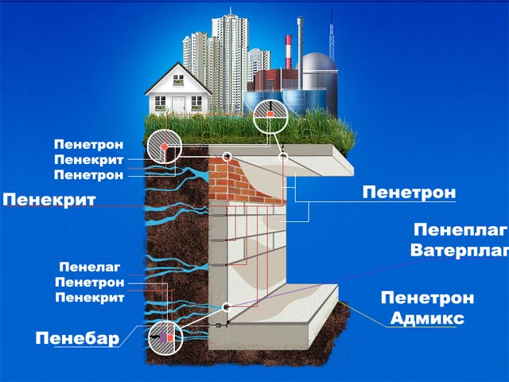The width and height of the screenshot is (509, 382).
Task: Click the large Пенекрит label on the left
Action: point(49,200)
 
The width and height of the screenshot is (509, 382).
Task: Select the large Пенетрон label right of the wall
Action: point(409,192)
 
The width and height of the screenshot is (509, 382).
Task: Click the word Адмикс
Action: point(427,318)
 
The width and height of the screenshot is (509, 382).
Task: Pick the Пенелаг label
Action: point(89,267)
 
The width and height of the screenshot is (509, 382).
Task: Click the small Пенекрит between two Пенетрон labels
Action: point(89,159)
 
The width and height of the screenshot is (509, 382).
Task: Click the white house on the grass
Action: point(178,91)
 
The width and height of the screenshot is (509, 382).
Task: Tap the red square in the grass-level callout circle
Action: point(270,115)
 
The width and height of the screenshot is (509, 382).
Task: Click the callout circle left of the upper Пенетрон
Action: point(163,148)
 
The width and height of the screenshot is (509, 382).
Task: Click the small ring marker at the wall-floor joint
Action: point(227,306)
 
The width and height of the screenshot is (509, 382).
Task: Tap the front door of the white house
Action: point(177,104)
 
